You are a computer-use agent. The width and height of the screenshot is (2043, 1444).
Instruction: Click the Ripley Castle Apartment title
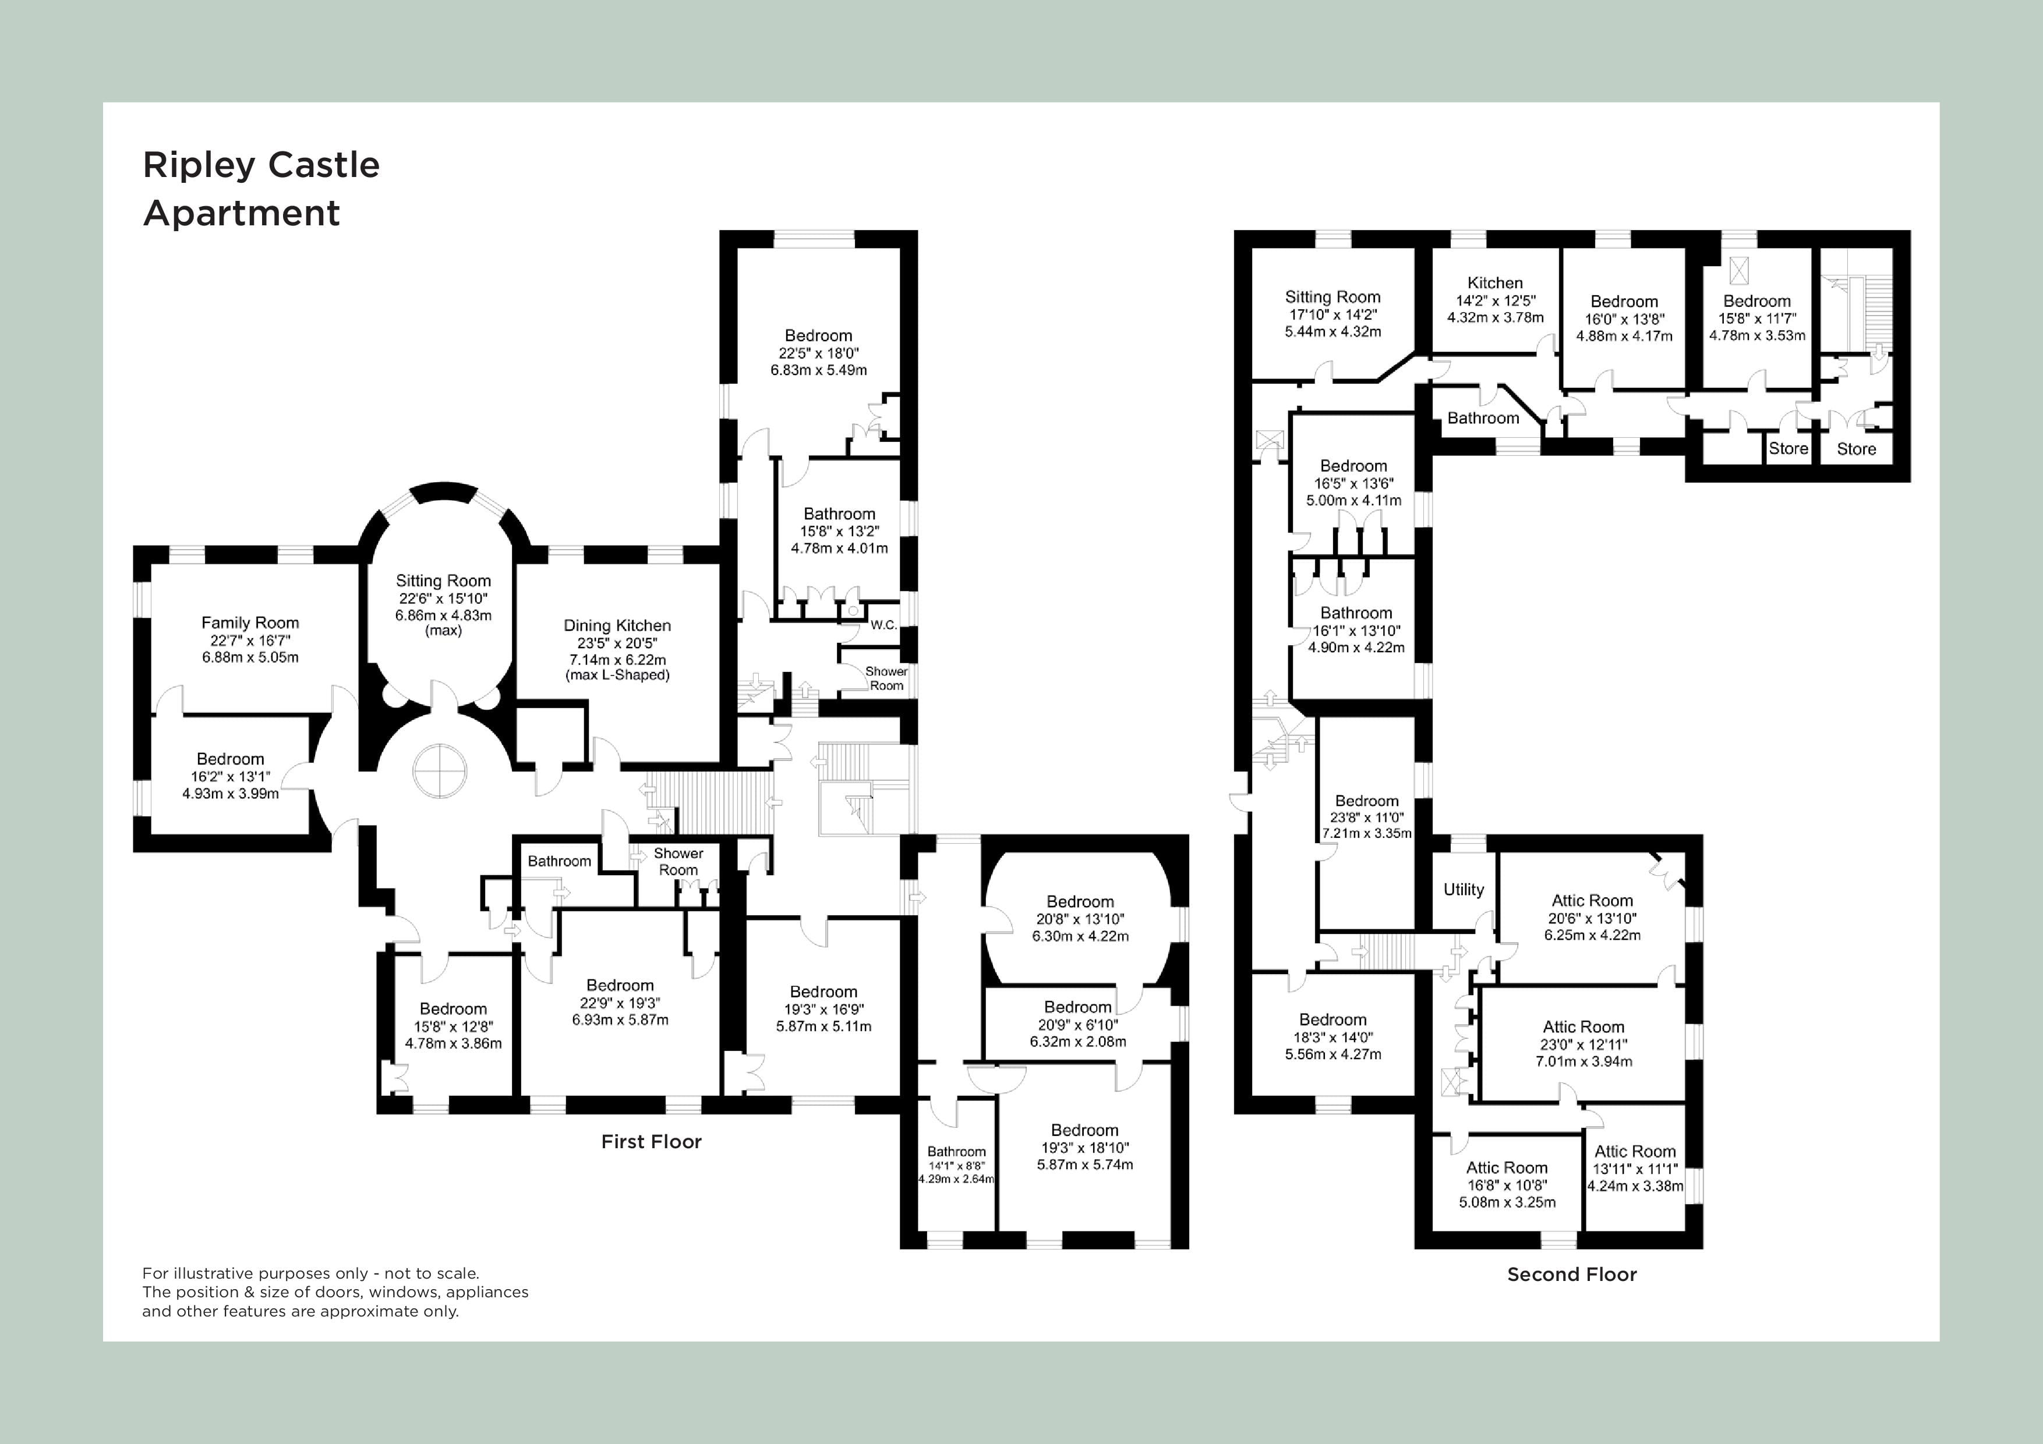261,189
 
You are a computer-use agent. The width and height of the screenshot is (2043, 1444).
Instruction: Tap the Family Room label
250,623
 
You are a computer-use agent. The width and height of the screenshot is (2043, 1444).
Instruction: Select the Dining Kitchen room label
617,625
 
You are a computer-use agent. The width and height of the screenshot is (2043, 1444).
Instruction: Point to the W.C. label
883,625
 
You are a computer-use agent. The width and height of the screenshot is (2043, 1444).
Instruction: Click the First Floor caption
651,1141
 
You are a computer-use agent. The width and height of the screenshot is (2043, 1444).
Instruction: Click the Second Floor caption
1571,1274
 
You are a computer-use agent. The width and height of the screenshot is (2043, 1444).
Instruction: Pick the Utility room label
1464,889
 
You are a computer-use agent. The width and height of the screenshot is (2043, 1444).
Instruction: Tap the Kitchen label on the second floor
1495,283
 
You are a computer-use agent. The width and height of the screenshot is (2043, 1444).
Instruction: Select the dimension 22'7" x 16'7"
250,640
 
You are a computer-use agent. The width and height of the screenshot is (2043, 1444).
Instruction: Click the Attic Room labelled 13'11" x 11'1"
1635,1151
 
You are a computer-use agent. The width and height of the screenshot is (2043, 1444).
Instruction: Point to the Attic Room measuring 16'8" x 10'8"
1507,1167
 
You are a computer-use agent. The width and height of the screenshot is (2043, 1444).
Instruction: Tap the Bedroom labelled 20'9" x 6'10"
1077,1007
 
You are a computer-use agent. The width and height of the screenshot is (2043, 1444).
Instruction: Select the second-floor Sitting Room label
1332,297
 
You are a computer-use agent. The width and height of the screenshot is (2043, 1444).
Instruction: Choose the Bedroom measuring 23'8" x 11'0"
1367,801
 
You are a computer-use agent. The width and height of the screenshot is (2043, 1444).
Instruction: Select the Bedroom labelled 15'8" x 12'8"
453,1009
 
